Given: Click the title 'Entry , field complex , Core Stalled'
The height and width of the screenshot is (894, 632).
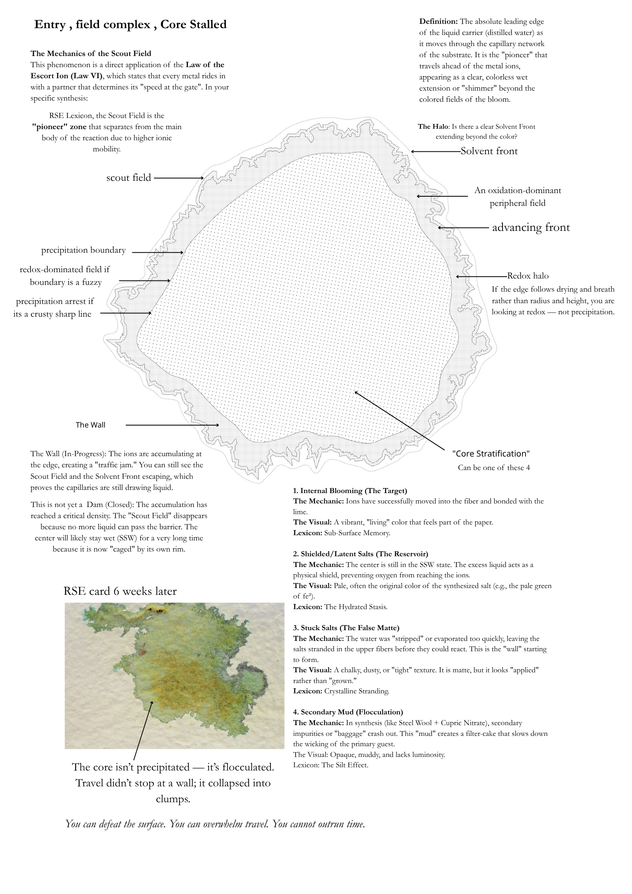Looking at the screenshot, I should pos(130,25).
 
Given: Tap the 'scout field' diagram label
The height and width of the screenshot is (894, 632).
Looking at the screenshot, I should pos(129,178).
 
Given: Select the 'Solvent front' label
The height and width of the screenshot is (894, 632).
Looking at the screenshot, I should pos(489,151).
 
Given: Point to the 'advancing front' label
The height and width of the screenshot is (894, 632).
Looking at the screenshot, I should pos(531,227).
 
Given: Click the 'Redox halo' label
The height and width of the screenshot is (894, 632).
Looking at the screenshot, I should pos(528,276).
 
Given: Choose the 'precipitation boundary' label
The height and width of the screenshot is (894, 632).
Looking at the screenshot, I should pos(83,250).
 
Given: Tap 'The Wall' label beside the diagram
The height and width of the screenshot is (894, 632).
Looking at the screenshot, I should pos(91,425).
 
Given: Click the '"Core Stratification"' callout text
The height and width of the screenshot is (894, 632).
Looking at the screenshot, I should pos(491,454).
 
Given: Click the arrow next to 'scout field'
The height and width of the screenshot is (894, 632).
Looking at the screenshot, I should pos(179,178).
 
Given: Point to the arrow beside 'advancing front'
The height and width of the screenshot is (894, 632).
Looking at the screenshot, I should pos(463,228).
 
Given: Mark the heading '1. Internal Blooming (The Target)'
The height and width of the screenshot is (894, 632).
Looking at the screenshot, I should pos(350,491).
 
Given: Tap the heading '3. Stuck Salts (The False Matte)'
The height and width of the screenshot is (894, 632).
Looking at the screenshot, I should pos(346,628).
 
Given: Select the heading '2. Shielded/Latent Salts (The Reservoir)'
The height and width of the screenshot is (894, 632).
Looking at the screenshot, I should pos(360,554).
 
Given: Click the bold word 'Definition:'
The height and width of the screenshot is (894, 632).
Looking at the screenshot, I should pos(439,21).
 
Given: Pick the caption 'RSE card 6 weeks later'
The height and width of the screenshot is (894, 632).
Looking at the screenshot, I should pos(120,591).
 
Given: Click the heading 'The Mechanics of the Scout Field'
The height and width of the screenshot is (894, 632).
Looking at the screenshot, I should pos(91,53).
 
